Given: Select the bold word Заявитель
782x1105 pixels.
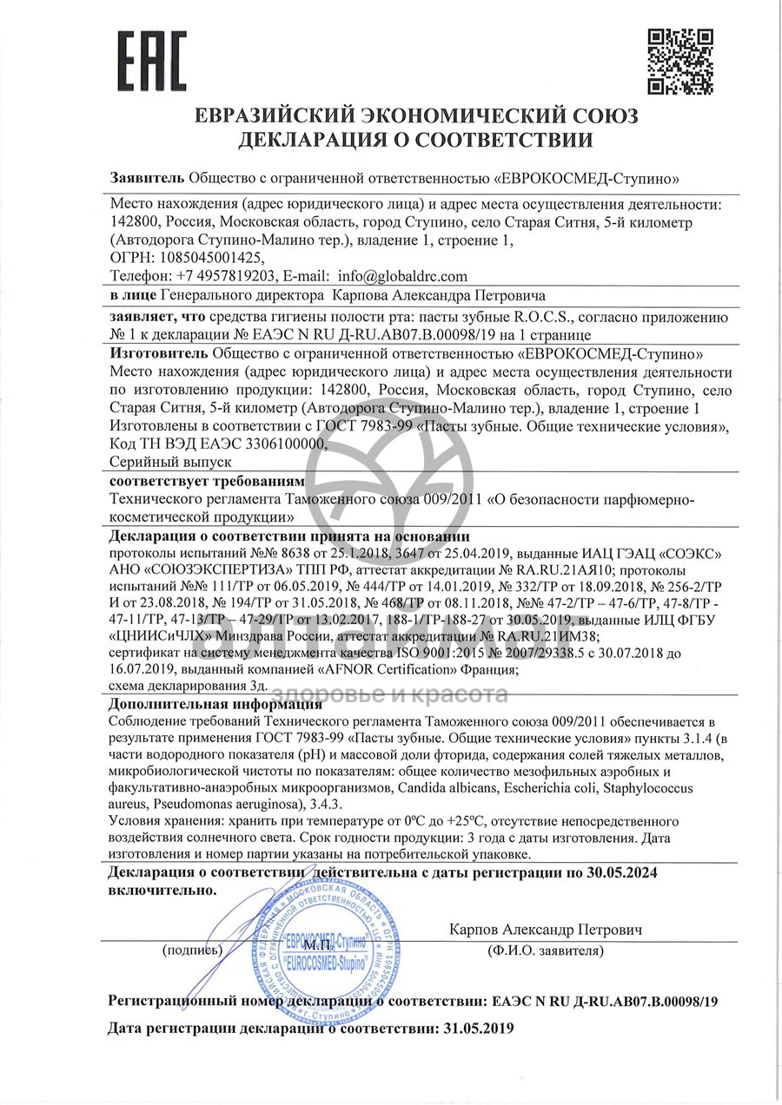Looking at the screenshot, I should point(147,178).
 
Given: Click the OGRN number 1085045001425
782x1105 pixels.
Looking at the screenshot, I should point(202,258).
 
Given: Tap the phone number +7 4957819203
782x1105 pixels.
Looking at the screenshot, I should point(226,276).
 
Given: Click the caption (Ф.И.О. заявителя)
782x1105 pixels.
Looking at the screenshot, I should point(546,951).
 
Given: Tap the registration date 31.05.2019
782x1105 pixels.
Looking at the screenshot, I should point(474,1029).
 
